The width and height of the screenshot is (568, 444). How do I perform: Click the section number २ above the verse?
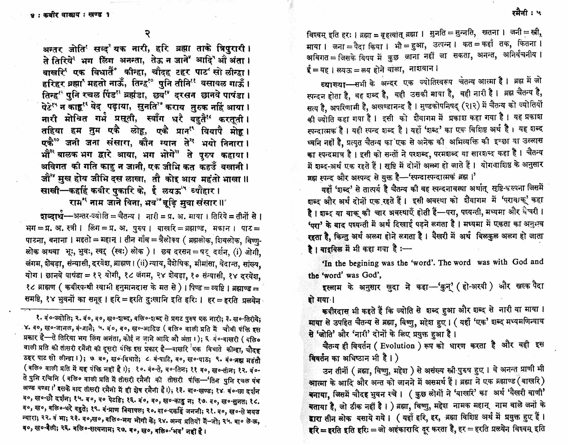(148, 34)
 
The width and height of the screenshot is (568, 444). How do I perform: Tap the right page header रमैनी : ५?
(526, 13)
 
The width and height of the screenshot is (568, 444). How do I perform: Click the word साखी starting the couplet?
(50, 191)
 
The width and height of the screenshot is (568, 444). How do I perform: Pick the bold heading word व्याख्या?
(333, 84)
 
